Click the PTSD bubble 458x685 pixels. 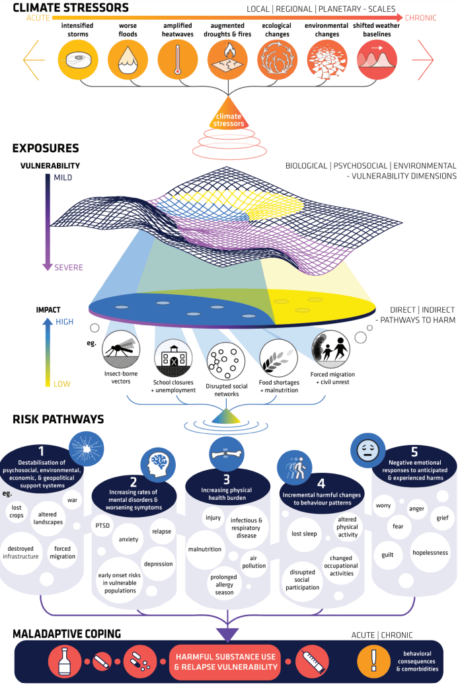102,524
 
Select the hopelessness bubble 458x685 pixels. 430,552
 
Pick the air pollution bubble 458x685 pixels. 258,562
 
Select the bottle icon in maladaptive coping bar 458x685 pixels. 63,661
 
